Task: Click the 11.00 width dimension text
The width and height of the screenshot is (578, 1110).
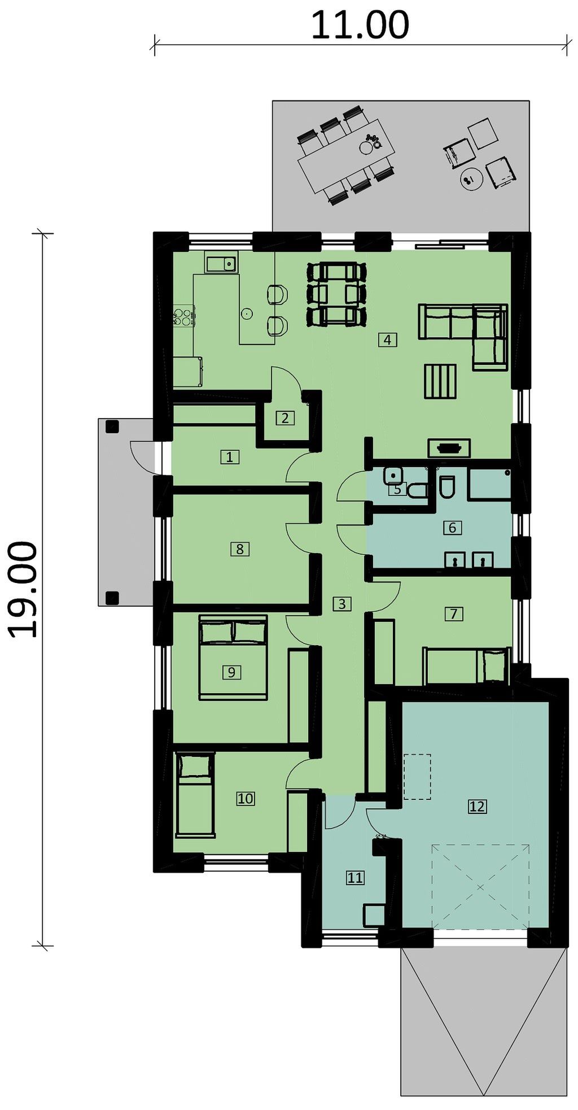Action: [360, 25]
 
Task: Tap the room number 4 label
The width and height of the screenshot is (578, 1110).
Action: [387, 339]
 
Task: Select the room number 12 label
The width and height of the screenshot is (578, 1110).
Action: [477, 806]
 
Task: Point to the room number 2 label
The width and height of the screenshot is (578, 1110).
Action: [285, 418]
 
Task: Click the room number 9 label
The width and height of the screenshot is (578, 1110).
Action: [231, 672]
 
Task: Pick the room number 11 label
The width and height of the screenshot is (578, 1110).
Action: [355, 878]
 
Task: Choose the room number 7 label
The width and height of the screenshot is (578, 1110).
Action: [454, 613]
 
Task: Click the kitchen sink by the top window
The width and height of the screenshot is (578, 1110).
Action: [221, 263]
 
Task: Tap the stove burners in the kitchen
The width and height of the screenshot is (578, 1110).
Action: [183, 316]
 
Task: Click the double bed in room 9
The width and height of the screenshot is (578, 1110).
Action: [233, 658]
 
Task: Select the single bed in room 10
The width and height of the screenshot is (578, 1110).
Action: [195, 794]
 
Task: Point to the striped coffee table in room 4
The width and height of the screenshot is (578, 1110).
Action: [440, 382]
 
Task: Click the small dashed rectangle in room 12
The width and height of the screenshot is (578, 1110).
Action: [417, 777]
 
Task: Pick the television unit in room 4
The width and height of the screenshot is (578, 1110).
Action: [449, 448]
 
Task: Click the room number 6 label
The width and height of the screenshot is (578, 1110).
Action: [452, 528]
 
